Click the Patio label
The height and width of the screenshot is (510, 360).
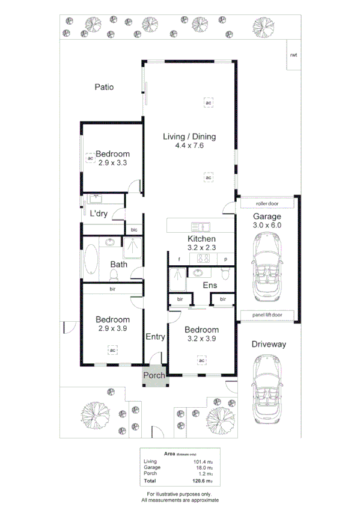pyautogui.click(x=104, y=87)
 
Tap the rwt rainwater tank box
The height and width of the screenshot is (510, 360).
pyautogui.click(x=293, y=55)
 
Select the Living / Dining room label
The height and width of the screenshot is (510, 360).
pyautogui.click(x=189, y=137)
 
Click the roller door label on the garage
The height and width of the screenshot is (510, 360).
pyautogui.click(x=267, y=203)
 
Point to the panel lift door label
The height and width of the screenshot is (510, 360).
pyautogui.click(x=267, y=315)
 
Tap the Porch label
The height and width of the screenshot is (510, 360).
pyautogui.click(x=153, y=376)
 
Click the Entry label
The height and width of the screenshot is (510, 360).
pyautogui.click(x=155, y=337)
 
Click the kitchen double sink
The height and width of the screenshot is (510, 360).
pyautogui.click(x=200, y=227)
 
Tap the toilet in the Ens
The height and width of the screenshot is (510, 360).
pyautogui.click(x=225, y=274)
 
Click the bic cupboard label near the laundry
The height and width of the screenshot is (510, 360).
pyautogui.click(x=133, y=230)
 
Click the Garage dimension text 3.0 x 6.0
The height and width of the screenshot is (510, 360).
pyautogui.click(x=267, y=225)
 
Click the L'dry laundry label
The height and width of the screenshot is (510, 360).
pyautogui.click(x=99, y=214)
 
